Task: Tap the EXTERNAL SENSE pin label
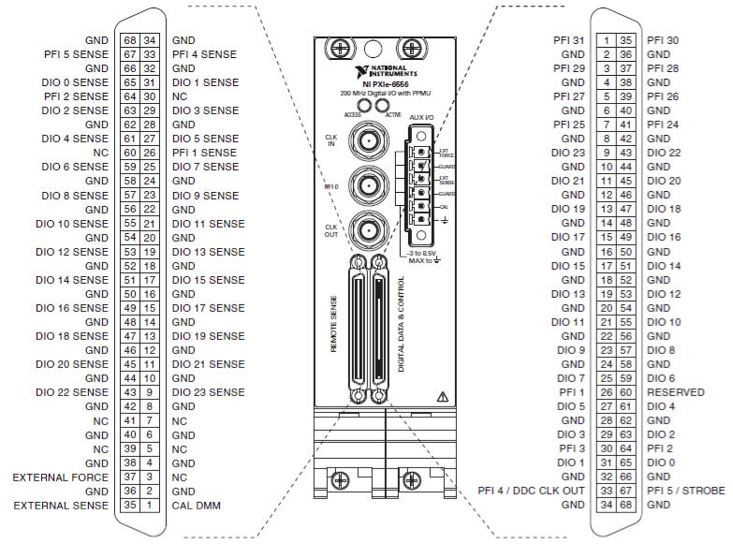tap(62, 506)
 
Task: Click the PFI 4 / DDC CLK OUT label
tap(531, 491)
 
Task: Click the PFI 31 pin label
tap(568, 40)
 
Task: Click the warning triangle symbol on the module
tap(430, 397)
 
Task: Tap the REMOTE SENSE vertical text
tap(334, 324)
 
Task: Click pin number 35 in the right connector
tap(625, 40)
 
